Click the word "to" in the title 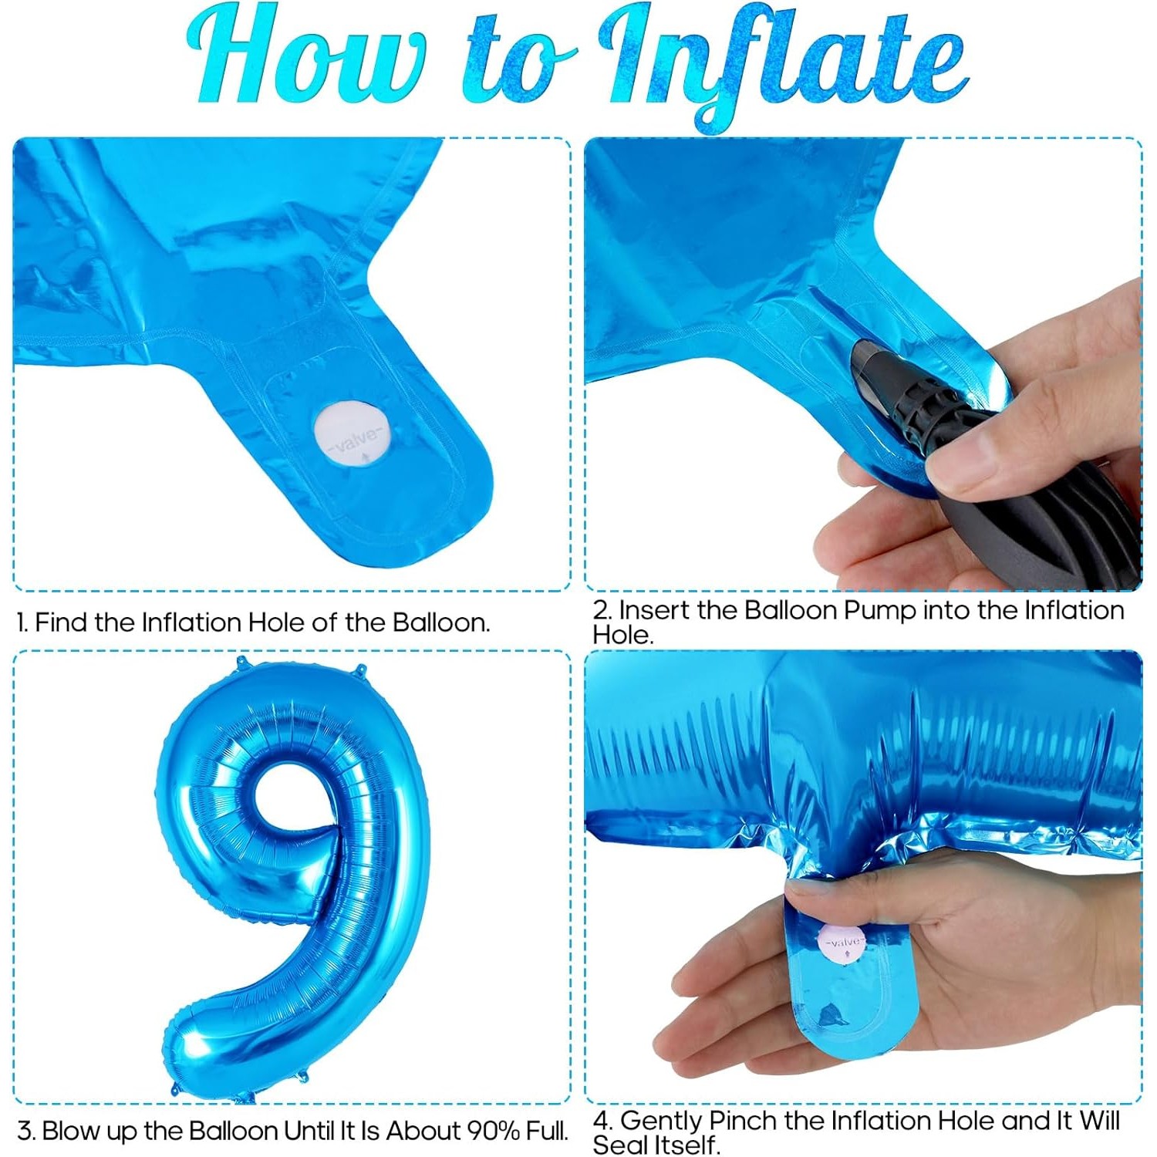pos(518,66)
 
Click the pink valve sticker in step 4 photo pos(843,943)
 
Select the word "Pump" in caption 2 pos(880,610)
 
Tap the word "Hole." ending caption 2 pos(623,635)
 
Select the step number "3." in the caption pos(26,1132)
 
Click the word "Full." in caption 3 pos(547,1131)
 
